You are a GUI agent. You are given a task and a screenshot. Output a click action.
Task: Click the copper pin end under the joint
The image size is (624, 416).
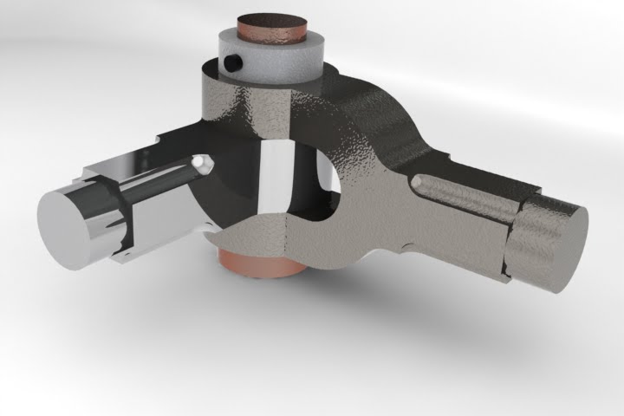[x=260, y=263]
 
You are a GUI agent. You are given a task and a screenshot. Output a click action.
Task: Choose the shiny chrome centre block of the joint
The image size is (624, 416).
[x=276, y=178]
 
